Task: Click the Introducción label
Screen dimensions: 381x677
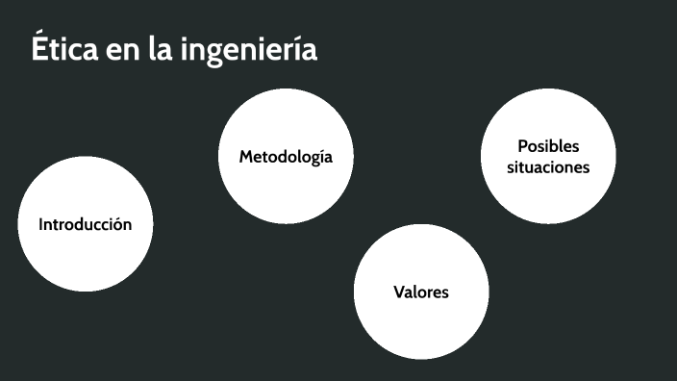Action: (x=85, y=224)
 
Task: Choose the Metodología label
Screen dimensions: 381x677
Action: (x=286, y=156)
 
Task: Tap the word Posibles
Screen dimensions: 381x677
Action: (x=548, y=146)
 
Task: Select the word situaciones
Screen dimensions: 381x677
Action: (x=548, y=166)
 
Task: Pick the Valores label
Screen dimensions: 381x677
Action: (x=421, y=292)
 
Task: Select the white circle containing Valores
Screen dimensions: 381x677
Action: (x=421, y=322)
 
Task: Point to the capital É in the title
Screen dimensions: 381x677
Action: (x=40, y=47)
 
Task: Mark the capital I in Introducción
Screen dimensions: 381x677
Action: (x=40, y=224)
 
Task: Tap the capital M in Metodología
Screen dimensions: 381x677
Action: (x=246, y=156)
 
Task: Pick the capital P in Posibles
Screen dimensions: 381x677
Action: (x=522, y=146)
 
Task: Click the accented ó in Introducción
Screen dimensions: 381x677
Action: (x=114, y=224)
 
